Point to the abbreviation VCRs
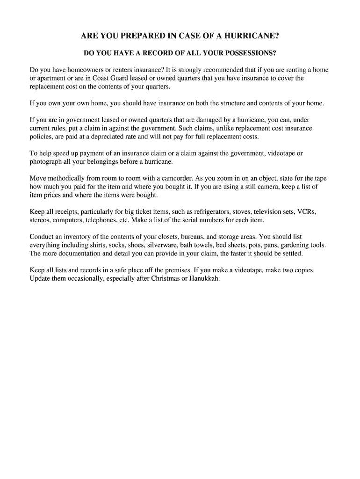point(307,212)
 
